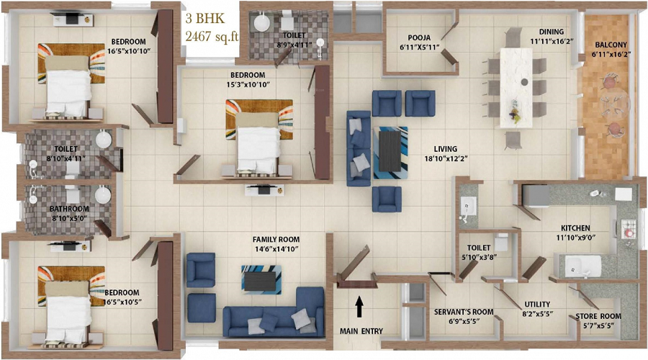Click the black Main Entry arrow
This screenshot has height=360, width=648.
point(359,306)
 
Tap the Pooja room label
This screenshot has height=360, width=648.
point(419,37)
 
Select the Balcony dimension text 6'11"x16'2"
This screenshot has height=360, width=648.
point(611,54)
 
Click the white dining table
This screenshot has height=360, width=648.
point(516,88)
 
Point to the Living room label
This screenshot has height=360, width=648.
point(445,149)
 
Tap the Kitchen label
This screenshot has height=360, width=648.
point(575,228)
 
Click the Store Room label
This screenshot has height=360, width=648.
point(598,316)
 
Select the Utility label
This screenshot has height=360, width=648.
point(537,305)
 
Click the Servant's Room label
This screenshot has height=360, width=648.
point(464,312)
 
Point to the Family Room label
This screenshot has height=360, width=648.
point(276,239)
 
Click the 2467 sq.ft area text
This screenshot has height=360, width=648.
point(212,37)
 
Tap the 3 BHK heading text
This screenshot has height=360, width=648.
point(204,19)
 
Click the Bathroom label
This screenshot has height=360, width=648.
point(69,209)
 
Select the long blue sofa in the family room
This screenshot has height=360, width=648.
point(274,313)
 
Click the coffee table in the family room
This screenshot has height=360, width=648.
point(261,279)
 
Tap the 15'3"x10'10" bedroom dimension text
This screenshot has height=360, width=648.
point(248,85)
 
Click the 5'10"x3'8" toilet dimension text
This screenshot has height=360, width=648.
point(479,256)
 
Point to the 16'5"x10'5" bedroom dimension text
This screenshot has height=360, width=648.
point(124,302)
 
